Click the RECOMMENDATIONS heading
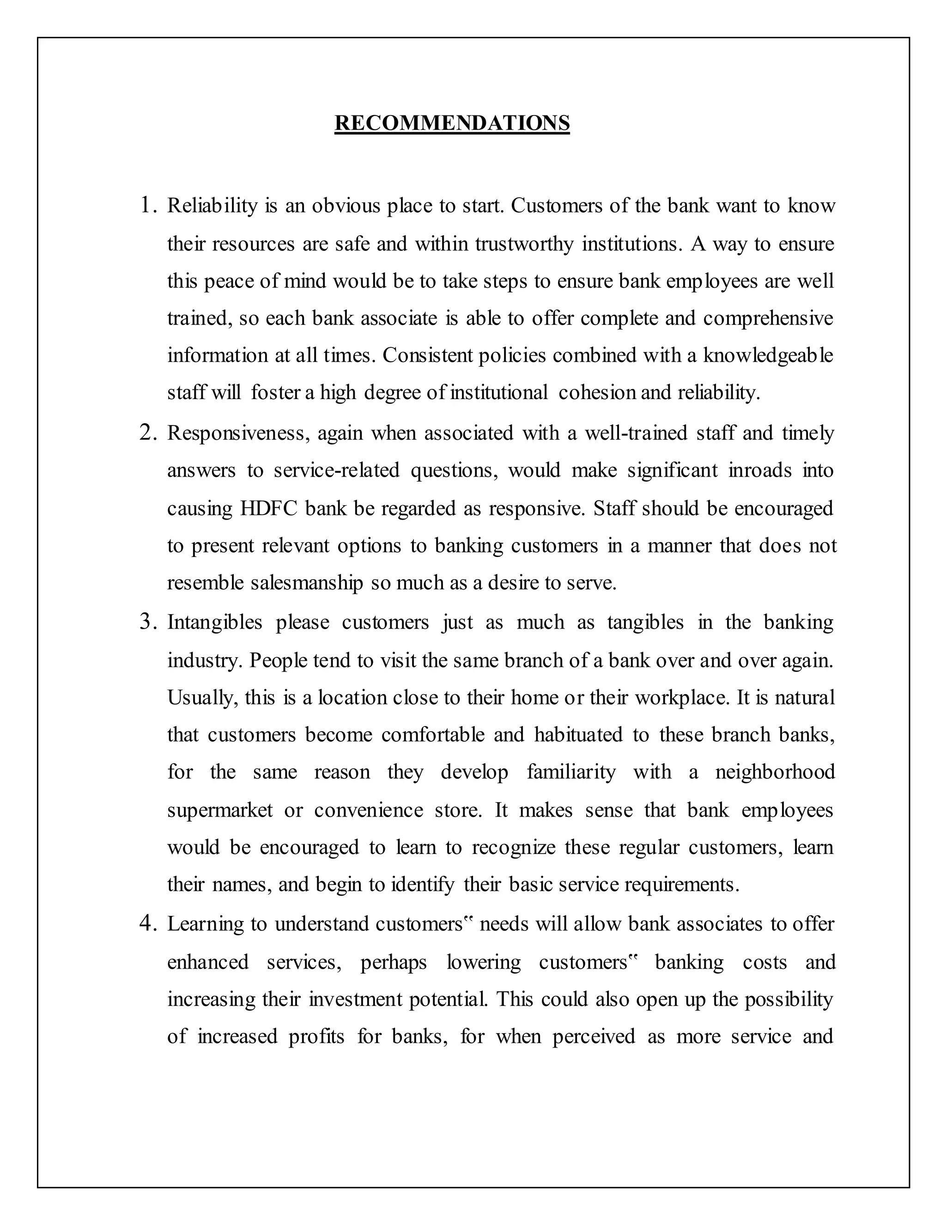pos(452,123)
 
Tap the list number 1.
pos(147,206)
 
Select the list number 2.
pos(147,433)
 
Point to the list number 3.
pos(147,622)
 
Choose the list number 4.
pos(147,924)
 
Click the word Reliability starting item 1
pos(212,206)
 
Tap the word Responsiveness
pos(237,433)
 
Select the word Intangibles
pos(215,623)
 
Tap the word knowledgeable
pos(768,355)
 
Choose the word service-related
pos(336,470)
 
